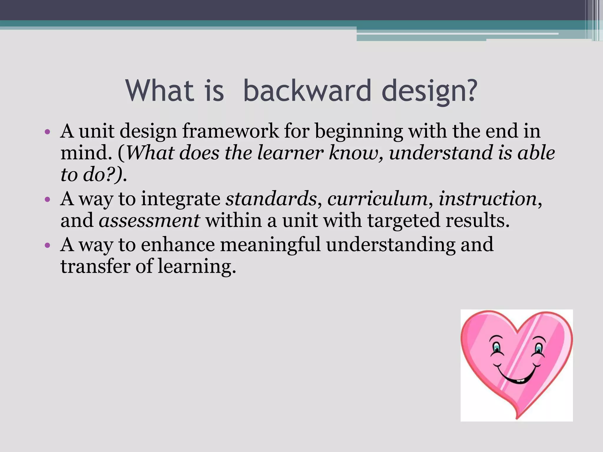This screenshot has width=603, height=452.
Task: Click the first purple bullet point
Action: tap(47, 132)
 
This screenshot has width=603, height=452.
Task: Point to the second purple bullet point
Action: tap(47, 200)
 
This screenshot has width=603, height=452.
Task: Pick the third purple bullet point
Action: tap(47, 245)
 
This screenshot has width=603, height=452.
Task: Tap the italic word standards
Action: tap(271, 199)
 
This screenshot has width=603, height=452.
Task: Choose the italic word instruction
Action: tap(488, 199)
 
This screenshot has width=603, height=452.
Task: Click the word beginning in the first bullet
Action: tap(359, 131)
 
